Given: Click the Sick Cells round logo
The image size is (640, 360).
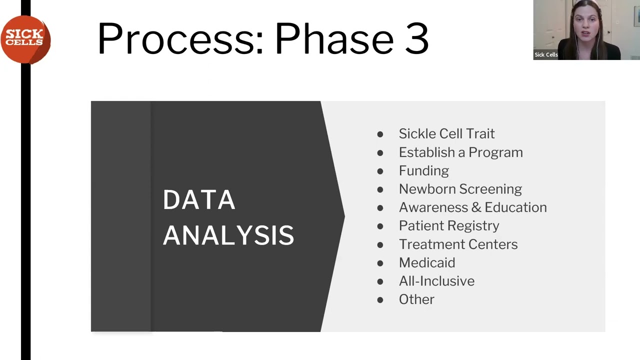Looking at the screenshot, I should point(25,39).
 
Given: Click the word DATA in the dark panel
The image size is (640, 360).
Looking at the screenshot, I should point(198,200).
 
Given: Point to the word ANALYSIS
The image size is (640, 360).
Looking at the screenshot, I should point(228,235).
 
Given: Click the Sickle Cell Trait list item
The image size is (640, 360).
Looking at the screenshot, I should point(446,133).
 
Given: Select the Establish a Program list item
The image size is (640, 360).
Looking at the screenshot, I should point(460,152).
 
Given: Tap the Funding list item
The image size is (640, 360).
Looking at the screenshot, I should point(423,170).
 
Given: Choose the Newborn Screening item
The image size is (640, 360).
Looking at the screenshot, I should point(460,189).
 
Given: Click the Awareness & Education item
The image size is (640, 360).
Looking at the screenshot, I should point(472,207).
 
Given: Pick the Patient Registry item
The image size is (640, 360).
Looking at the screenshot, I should point(448,226).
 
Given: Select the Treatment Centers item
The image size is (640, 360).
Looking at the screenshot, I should point(458,244).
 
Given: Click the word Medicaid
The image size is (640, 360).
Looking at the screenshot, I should point(426,262).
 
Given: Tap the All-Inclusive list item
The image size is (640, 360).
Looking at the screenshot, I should point(436,281).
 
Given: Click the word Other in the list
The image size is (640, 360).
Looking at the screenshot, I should point(416,299).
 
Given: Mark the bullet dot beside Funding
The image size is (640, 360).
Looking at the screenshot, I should point(380,171).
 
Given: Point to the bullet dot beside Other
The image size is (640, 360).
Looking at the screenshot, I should point(380,300).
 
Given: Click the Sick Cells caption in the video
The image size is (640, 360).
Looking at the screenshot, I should point(546,55).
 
